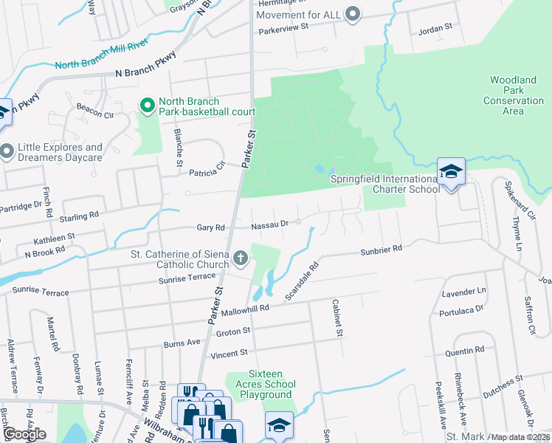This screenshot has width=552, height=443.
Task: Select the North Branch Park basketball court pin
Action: (x=147, y=106)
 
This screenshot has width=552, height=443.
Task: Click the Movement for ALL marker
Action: (x=353, y=13)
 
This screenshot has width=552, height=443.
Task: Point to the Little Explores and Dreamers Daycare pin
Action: (x=7, y=152)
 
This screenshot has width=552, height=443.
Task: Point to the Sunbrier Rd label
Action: (x=381, y=250)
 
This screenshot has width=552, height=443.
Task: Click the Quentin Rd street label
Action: (x=469, y=349)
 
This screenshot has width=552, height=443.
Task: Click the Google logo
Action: (x=24, y=434)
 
